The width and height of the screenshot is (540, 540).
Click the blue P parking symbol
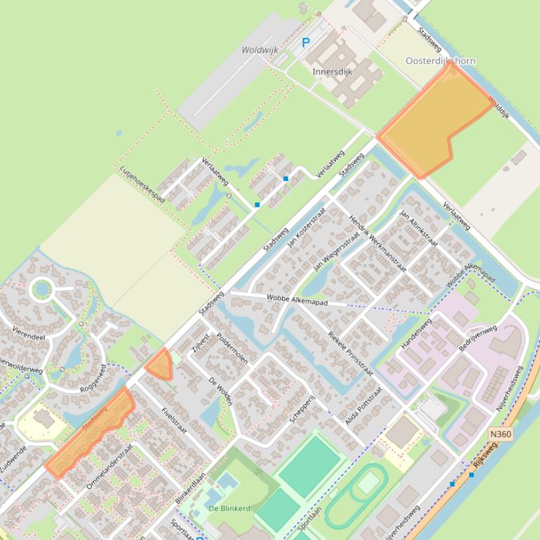point(305,43)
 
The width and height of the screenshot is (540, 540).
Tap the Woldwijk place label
point(259,50)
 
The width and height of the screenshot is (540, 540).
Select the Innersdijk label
point(332,72)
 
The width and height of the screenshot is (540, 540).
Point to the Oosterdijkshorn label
point(440,61)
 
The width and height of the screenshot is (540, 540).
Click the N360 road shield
point(500,435)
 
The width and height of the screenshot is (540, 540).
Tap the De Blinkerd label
point(229,508)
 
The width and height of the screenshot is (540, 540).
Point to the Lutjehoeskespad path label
point(142,184)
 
